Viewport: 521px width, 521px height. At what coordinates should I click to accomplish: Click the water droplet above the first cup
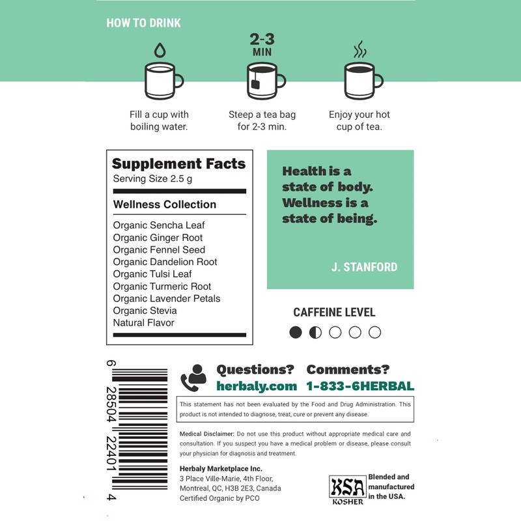click(x=159, y=49)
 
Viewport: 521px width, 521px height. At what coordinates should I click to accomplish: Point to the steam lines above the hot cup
click(x=359, y=49)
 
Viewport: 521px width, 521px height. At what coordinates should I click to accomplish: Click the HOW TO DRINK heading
click(x=143, y=23)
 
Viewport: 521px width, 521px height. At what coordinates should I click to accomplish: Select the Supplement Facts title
click(x=178, y=164)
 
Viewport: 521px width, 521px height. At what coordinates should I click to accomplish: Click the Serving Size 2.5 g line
click(x=152, y=179)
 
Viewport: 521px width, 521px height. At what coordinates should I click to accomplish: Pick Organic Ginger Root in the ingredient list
click(x=158, y=238)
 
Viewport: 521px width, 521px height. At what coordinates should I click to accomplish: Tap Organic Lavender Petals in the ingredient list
click(x=167, y=298)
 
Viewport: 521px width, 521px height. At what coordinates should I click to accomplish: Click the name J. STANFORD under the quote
click(x=364, y=267)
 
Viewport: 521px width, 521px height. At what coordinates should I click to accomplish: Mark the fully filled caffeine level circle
click(x=296, y=332)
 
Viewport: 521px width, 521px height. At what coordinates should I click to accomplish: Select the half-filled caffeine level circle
click(x=315, y=332)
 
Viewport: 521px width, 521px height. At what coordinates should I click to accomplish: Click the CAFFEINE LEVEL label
click(x=334, y=313)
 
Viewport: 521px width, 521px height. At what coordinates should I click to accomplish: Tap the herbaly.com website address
click(x=256, y=386)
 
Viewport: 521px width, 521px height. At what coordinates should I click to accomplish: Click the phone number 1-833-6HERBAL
click(x=360, y=386)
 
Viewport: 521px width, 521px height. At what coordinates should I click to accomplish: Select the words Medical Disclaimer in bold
click(x=206, y=434)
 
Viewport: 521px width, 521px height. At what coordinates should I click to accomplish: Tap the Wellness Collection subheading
click(x=164, y=204)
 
